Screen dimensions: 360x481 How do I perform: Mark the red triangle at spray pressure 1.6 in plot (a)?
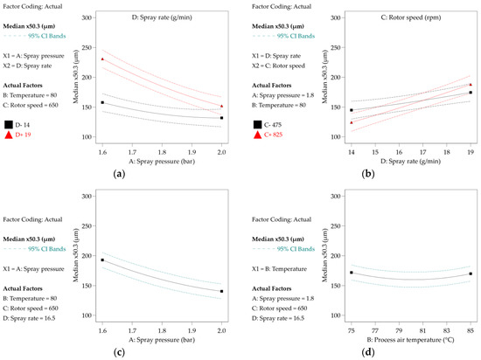click(102, 59)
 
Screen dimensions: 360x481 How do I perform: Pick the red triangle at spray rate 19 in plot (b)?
click(471, 85)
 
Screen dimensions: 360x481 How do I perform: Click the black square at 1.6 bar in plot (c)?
click(102, 260)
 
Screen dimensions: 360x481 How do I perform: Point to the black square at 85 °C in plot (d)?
click(471, 273)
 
